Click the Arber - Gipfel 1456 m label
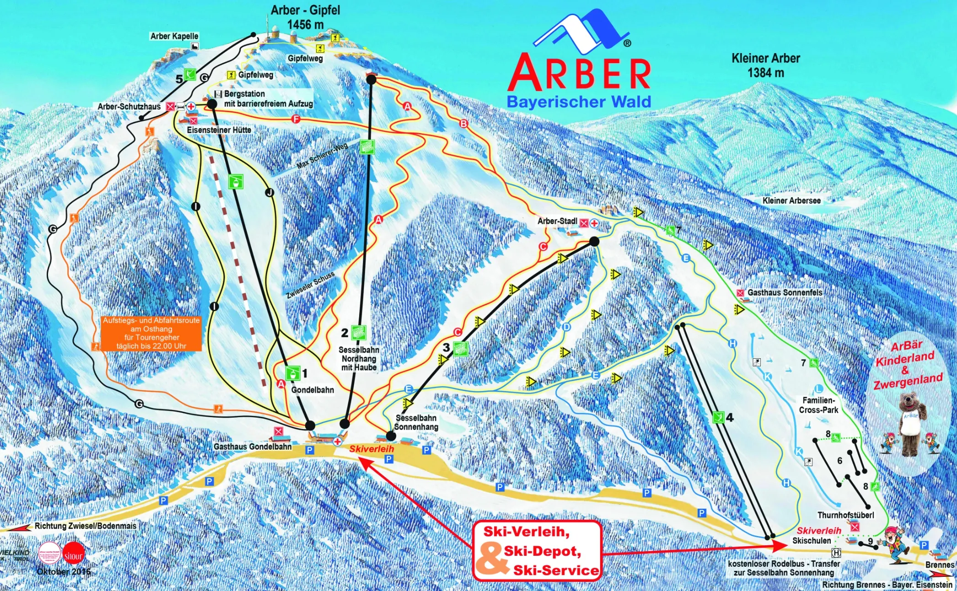pos(305,17)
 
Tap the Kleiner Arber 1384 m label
pos(765,65)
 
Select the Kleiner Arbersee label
pos(791,200)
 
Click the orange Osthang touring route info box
pos(151,333)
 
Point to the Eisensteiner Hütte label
pos(219,130)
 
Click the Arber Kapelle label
pos(174,36)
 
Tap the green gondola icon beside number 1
pos(292,373)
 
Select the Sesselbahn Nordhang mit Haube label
pos(359,359)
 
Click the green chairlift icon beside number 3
pos(460,349)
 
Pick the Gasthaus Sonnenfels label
pos(785,292)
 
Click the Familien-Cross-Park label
pos(818,405)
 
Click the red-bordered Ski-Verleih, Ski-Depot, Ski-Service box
pos(537,551)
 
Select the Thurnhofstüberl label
pos(845,515)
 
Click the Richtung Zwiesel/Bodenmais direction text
pos(86,526)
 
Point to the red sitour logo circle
pos(73,555)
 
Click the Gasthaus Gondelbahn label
pos(253,446)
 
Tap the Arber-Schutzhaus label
pos(129,107)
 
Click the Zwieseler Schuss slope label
pos(311,285)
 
